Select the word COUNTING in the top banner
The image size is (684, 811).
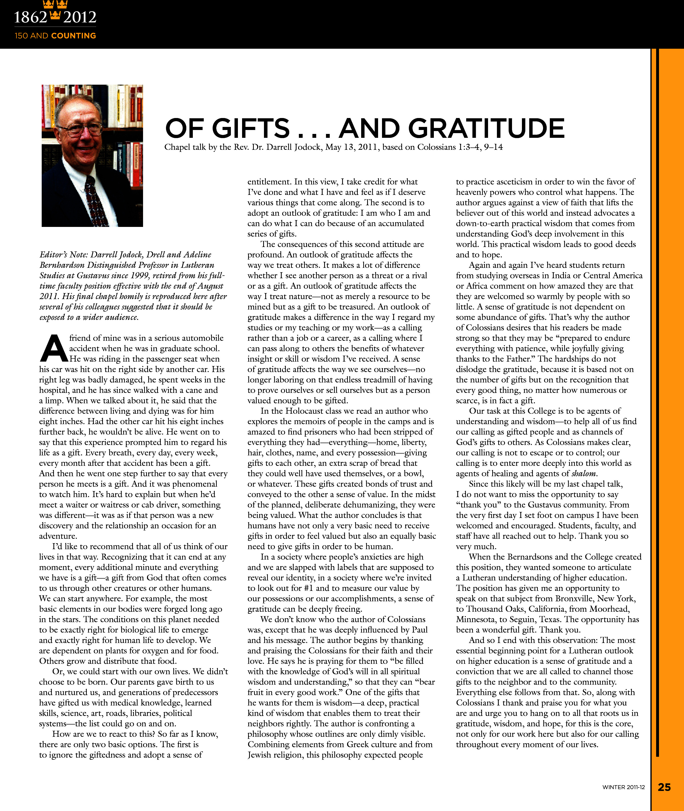coord(74,36)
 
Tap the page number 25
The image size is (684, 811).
coord(664,787)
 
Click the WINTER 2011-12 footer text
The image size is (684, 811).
coord(624,787)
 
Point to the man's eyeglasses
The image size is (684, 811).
coord(83,128)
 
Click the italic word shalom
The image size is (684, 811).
coord(584,473)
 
